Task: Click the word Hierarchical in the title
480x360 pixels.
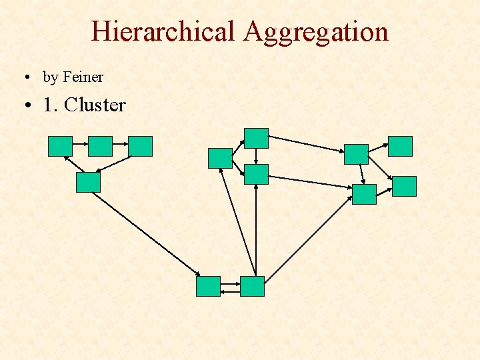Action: (x=163, y=31)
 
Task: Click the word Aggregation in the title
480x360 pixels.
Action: (x=316, y=31)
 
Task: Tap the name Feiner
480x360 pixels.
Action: (x=83, y=77)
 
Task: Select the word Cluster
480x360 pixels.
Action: (x=95, y=105)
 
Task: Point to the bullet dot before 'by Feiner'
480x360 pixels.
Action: (x=23, y=78)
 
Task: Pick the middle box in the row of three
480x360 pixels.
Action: (x=101, y=146)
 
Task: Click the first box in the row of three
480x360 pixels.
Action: (x=60, y=146)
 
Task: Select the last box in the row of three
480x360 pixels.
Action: (x=141, y=146)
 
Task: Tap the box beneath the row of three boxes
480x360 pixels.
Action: (x=88, y=182)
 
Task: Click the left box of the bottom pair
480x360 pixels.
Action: (x=208, y=286)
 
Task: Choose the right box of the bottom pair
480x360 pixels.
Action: (x=252, y=286)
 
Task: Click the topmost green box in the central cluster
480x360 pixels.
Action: (x=256, y=138)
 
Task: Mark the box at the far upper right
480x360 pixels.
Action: (x=400, y=146)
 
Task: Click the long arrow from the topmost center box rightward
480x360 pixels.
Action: (x=307, y=145)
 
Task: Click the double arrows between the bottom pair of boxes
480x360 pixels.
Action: (x=230, y=287)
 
